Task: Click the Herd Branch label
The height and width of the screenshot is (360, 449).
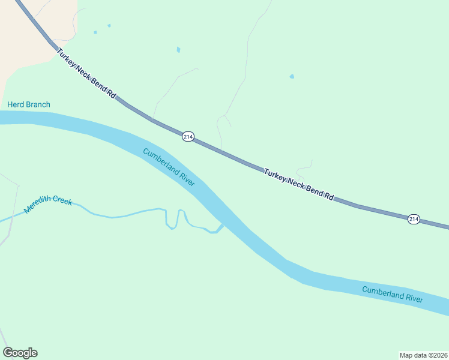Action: [x=29, y=105]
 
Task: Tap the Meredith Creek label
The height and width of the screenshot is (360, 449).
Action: [x=48, y=205]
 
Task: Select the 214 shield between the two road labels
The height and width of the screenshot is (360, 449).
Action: [x=188, y=137]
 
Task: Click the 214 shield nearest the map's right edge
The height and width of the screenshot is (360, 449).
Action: [x=414, y=219]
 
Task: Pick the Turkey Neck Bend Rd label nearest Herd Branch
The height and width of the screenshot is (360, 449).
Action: [x=86, y=74]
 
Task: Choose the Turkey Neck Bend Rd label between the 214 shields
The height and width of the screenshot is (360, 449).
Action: [x=298, y=184]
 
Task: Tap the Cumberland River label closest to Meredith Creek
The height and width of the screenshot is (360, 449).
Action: [x=169, y=167]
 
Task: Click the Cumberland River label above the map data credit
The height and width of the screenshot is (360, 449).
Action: [x=392, y=294]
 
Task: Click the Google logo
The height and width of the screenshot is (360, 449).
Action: [x=20, y=353]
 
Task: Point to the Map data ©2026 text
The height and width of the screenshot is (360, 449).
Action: [x=423, y=355]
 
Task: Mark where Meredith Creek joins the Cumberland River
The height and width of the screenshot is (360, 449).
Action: [x=221, y=226]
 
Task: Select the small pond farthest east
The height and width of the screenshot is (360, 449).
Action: [x=292, y=77]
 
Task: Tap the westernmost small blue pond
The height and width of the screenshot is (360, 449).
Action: [x=95, y=32]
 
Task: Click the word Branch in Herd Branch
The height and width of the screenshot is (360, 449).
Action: [x=37, y=105]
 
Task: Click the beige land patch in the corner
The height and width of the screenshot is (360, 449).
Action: [x=30, y=30]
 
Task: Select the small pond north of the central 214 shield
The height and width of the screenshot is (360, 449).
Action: [x=178, y=49]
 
